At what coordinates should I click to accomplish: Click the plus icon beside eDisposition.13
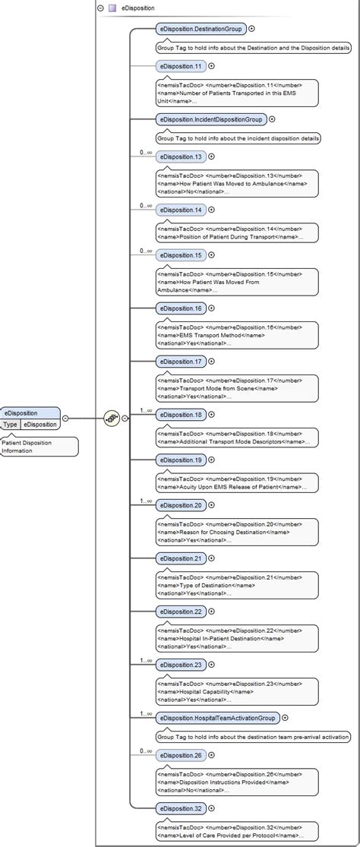[211, 156]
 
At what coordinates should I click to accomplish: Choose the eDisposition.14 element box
[181, 210]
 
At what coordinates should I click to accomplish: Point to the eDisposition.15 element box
[181, 255]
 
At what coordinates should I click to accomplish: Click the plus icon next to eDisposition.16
[211, 308]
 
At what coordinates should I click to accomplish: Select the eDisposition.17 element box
[181, 362]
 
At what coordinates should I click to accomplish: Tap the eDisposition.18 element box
[181, 415]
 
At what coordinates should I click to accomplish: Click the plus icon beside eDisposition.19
[211, 460]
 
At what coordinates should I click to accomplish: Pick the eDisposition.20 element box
[181, 505]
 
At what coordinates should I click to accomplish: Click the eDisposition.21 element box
[181, 558]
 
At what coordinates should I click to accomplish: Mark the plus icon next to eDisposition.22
[211, 612]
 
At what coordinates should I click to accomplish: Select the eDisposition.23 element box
[181, 665]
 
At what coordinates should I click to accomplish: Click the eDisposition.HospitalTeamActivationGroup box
[217, 718]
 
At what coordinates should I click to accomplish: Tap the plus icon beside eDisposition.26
[211, 755]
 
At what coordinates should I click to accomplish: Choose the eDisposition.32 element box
[181, 808]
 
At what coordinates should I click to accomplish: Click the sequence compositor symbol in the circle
[112, 418]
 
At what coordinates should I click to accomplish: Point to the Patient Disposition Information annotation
[38, 447]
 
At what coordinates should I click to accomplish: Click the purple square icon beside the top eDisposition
[112, 8]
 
